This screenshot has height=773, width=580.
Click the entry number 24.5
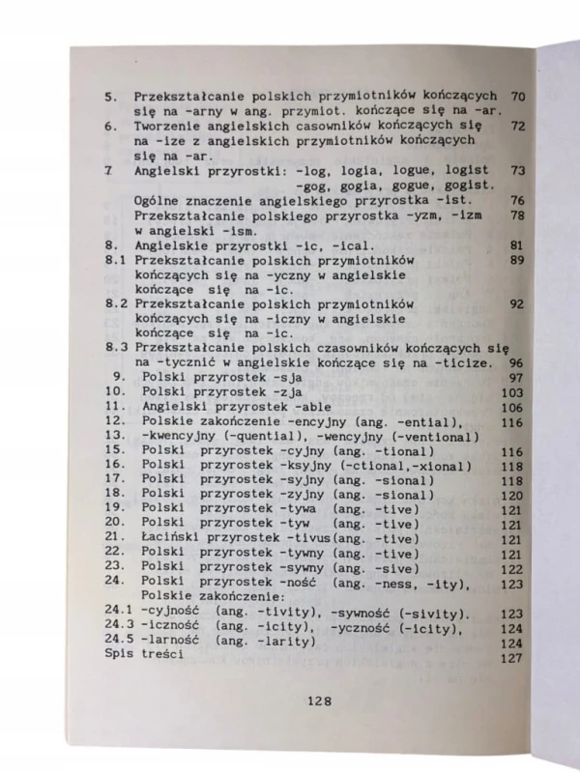coord(119,642)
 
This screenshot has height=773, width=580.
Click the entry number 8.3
coord(117,348)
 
